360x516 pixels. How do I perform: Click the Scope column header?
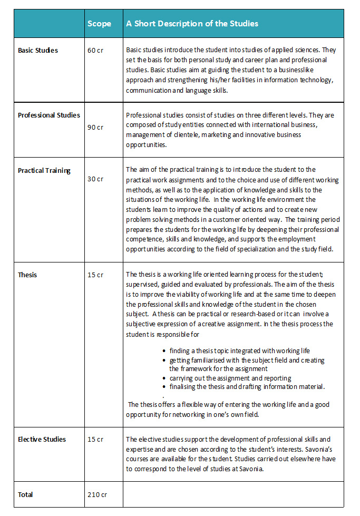coord(99,24)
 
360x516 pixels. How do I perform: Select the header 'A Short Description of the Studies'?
coord(192,24)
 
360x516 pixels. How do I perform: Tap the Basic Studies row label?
coord(38,51)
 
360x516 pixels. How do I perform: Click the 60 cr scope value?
coord(95,51)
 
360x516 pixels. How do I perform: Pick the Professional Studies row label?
coord(49,115)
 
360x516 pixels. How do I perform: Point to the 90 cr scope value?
coord(95,127)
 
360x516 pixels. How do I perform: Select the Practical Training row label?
coord(44,171)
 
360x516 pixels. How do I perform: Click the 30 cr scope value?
coord(95,179)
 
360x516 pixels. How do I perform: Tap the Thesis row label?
coord(27,275)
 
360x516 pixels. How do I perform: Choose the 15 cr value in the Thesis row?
coord(95,275)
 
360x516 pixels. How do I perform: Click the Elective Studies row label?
coord(42,439)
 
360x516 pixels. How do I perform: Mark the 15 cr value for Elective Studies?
coord(95,439)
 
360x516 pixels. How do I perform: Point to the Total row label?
coord(25,494)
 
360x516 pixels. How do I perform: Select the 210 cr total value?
coord(97,494)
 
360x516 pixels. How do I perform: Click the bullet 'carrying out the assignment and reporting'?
coord(230,378)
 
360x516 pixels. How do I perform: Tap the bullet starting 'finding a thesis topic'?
coord(240,351)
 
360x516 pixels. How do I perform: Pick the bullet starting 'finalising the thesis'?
coord(247,386)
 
